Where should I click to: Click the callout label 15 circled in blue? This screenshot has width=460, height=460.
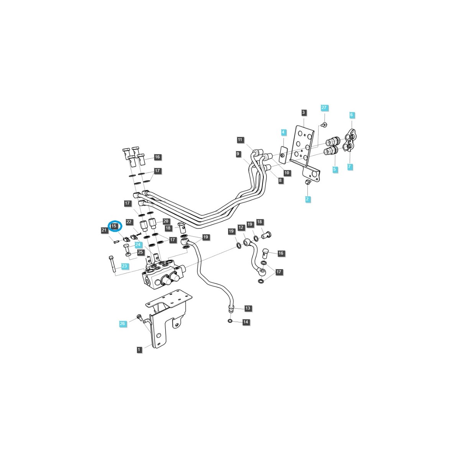(114, 226)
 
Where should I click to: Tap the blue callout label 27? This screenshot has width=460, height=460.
(324, 108)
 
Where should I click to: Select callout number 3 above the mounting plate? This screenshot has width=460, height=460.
(304, 112)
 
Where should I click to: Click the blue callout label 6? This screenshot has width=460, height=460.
(351, 115)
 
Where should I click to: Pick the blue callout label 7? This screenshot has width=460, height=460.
(350, 167)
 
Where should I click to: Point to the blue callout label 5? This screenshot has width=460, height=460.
(334, 169)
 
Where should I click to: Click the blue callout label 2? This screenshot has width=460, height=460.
(307, 199)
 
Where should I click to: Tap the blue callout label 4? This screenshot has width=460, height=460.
(283, 132)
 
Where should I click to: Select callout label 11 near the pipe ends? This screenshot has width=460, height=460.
(240, 140)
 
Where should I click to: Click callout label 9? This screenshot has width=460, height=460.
(238, 154)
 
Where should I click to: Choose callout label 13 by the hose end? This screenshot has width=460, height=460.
(248, 308)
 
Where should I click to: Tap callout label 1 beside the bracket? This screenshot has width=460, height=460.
(139, 350)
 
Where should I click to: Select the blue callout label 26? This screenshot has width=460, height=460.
(122, 324)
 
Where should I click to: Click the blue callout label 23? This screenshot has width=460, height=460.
(125, 266)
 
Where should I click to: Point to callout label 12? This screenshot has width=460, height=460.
(241, 227)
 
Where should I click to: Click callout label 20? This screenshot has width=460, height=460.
(166, 221)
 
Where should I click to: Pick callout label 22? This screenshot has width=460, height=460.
(129, 222)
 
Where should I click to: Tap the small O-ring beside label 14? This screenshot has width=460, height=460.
(230, 321)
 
